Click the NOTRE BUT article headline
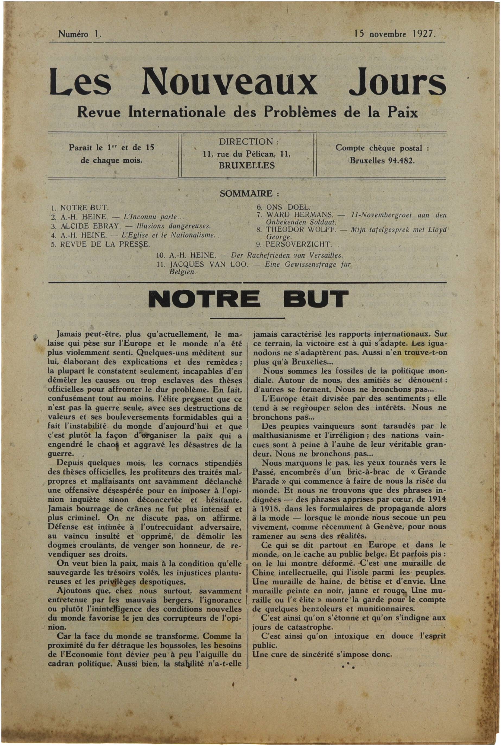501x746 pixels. coord(248,299)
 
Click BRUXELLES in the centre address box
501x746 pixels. coord(247,166)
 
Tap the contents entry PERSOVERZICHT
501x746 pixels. coord(299,245)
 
